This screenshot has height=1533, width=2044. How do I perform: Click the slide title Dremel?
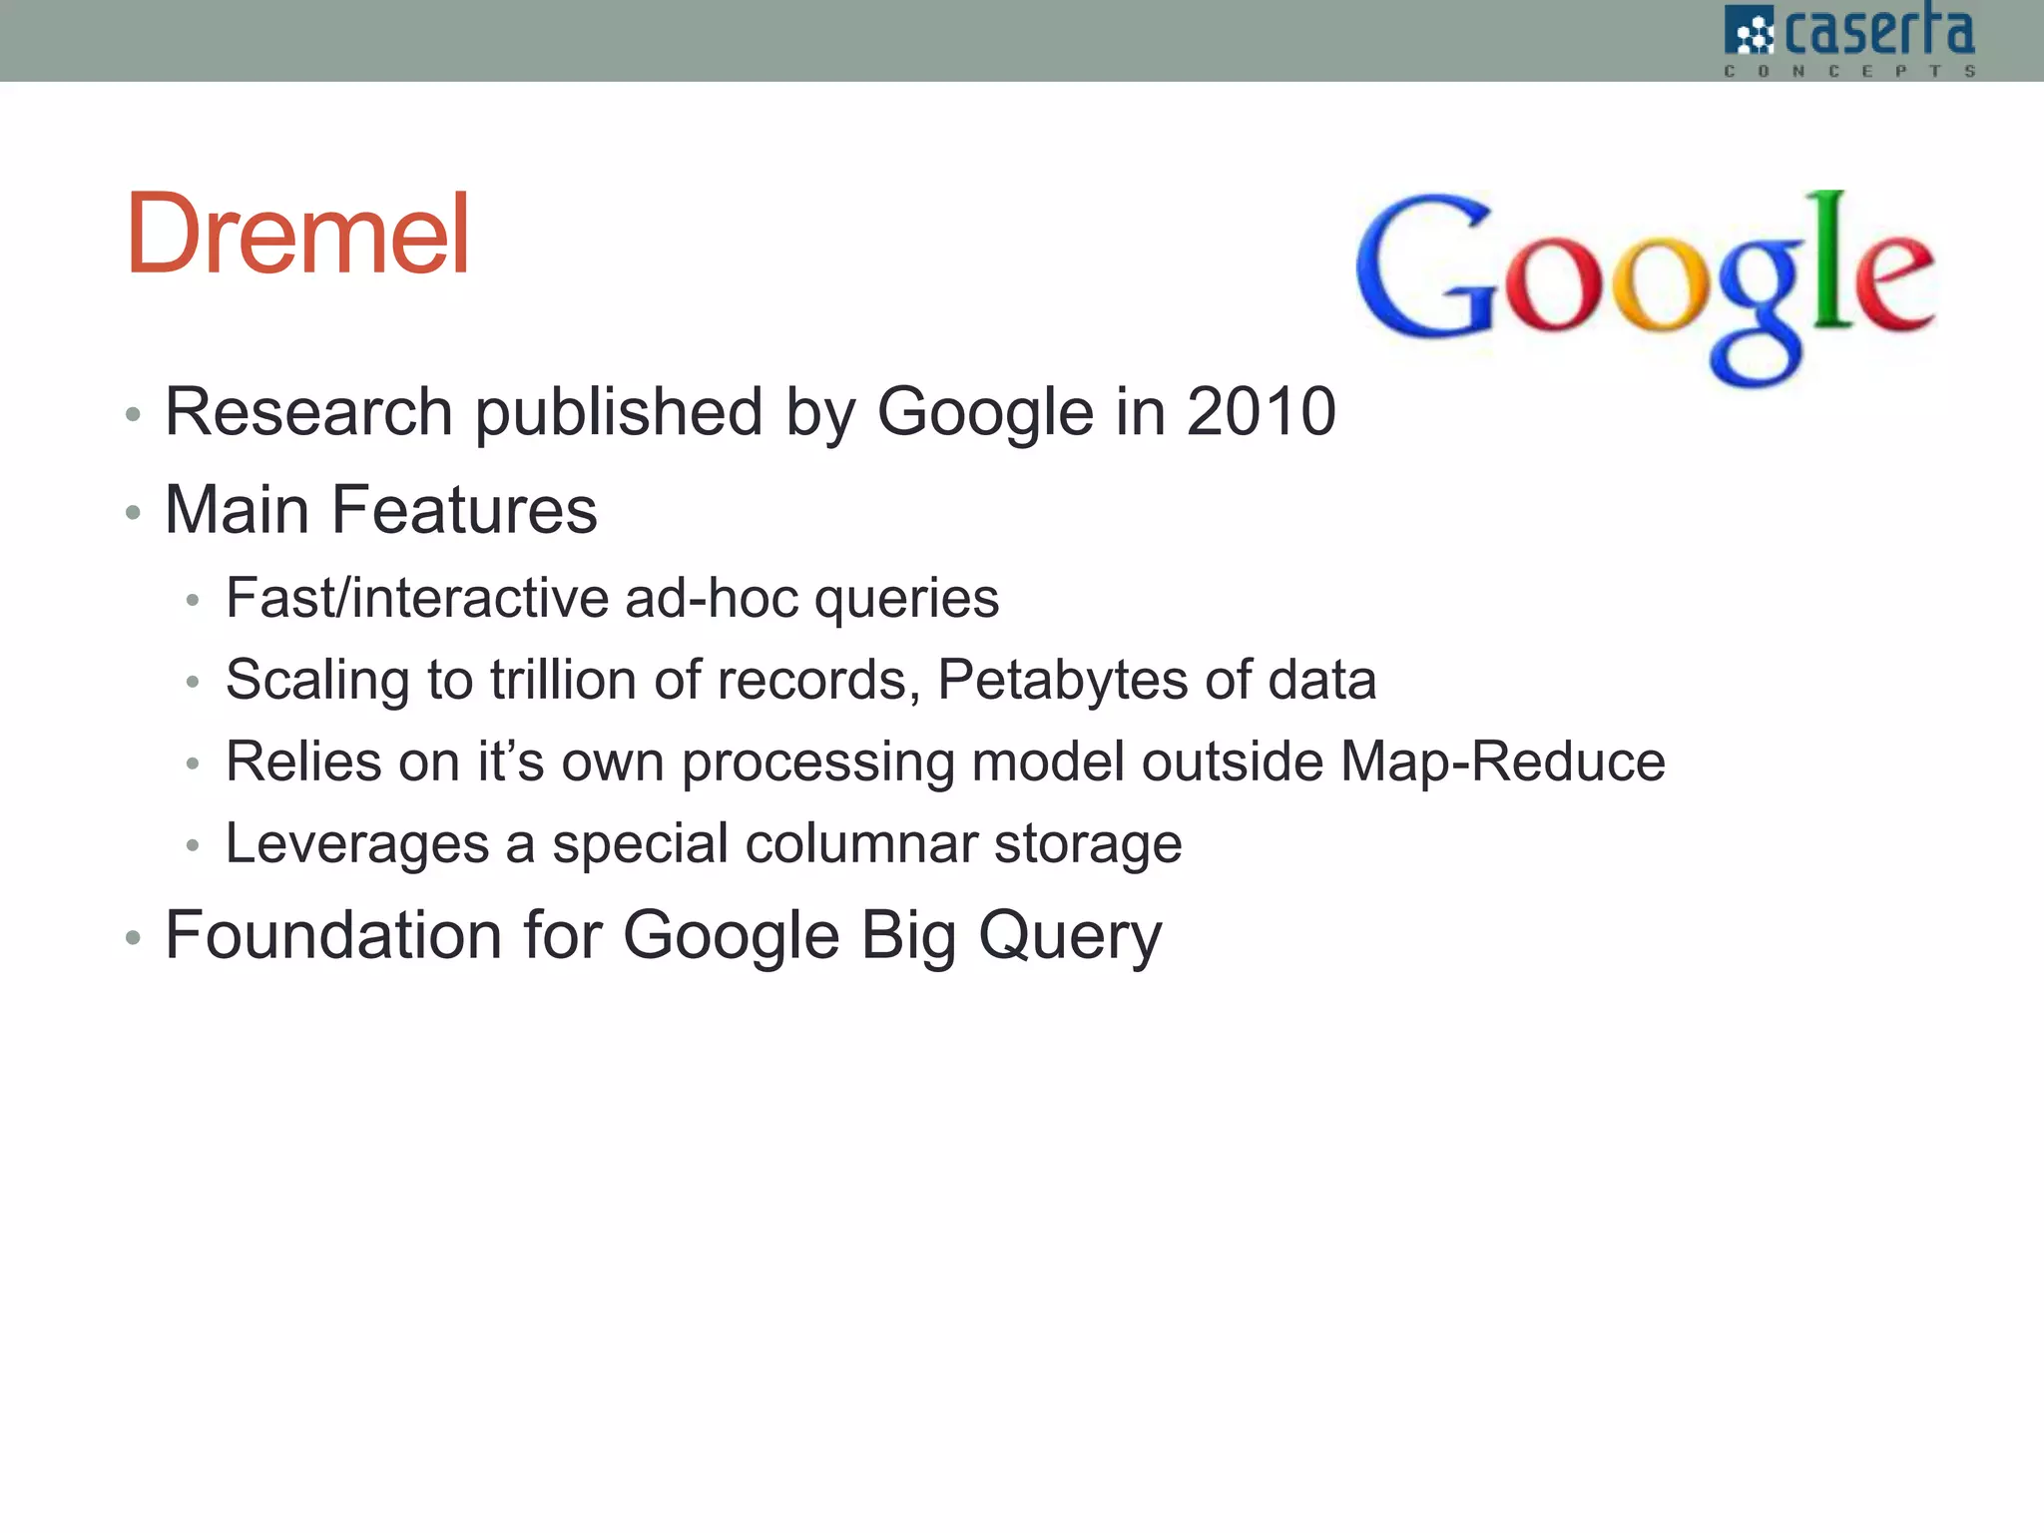coord(297,235)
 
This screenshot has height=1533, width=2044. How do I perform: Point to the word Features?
coord(463,510)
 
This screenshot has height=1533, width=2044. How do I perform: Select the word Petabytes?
coord(1062,682)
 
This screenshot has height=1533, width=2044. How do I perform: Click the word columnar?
coord(860,843)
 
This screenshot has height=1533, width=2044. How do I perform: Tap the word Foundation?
coord(333,935)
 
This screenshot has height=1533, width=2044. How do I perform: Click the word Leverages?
coord(357,844)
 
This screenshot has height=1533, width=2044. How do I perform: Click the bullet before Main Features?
coord(133,513)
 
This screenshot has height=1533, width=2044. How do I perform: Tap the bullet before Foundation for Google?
coord(133,938)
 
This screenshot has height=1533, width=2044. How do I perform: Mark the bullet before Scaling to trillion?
coord(194,683)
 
